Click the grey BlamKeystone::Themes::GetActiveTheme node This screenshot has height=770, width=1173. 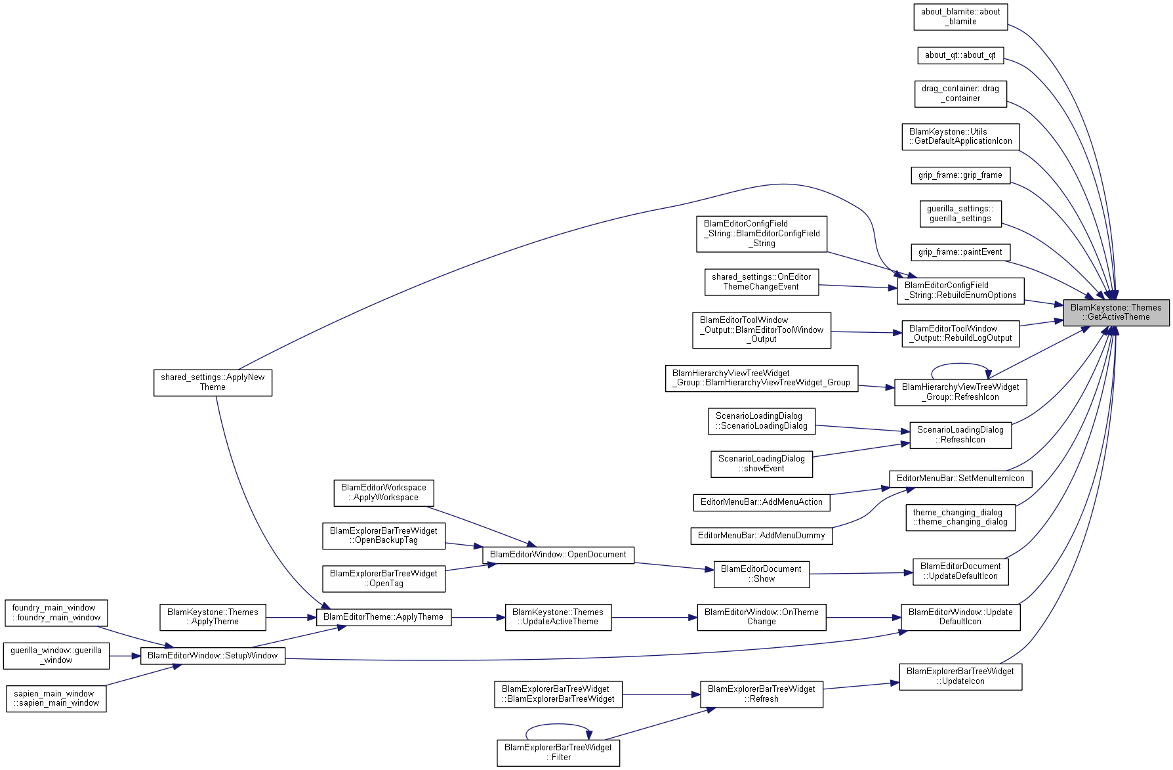pos(1116,312)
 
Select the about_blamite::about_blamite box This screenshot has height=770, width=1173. pos(960,16)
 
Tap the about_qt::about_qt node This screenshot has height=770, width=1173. pos(960,55)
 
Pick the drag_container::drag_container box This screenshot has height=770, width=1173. pos(960,94)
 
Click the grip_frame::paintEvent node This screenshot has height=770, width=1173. pos(960,252)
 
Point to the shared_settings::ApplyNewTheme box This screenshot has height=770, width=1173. pos(213,383)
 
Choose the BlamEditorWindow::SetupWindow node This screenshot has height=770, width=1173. pos(213,656)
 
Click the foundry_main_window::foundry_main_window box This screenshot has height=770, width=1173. pos(56,613)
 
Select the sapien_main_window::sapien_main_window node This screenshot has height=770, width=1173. pos(56,698)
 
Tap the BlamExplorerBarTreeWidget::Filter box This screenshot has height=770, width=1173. pos(558,752)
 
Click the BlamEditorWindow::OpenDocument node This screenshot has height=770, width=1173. pos(558,555)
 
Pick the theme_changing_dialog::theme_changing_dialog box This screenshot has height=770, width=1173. pos(960,517)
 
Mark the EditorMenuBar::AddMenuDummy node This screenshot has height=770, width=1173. pos(762,536)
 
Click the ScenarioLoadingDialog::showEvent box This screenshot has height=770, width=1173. pos(762,464)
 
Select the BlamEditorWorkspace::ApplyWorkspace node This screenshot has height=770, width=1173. pos(384,493)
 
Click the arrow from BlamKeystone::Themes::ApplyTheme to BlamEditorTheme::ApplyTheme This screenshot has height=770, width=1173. pos(291,618)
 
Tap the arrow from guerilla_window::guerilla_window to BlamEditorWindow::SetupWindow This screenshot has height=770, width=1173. pos(125,656)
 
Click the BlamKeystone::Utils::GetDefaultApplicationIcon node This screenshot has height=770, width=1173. pos(960,137)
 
